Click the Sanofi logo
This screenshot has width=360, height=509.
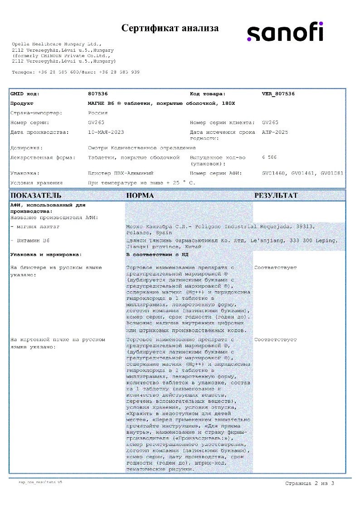(285, 32)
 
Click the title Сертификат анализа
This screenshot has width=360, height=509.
(170, 28)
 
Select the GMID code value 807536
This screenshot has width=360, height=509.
(97, 94)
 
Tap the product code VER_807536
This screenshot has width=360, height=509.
(278, 94)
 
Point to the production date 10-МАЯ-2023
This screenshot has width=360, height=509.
(106, 132)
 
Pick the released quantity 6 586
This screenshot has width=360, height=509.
(269, 157)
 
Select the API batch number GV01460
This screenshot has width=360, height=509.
(273, 173)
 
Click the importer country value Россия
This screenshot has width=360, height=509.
(97, 113)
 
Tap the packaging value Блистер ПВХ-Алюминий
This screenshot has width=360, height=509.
(121, 173)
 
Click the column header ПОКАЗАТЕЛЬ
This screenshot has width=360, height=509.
(35, 196)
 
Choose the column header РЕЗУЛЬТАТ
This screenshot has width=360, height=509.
(276, 196)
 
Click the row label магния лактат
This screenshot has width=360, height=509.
(34, 226)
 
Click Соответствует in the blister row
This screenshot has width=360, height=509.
(276, 268)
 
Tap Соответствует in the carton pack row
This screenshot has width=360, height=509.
(276, 339)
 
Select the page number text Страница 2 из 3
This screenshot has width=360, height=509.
(310, 483)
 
